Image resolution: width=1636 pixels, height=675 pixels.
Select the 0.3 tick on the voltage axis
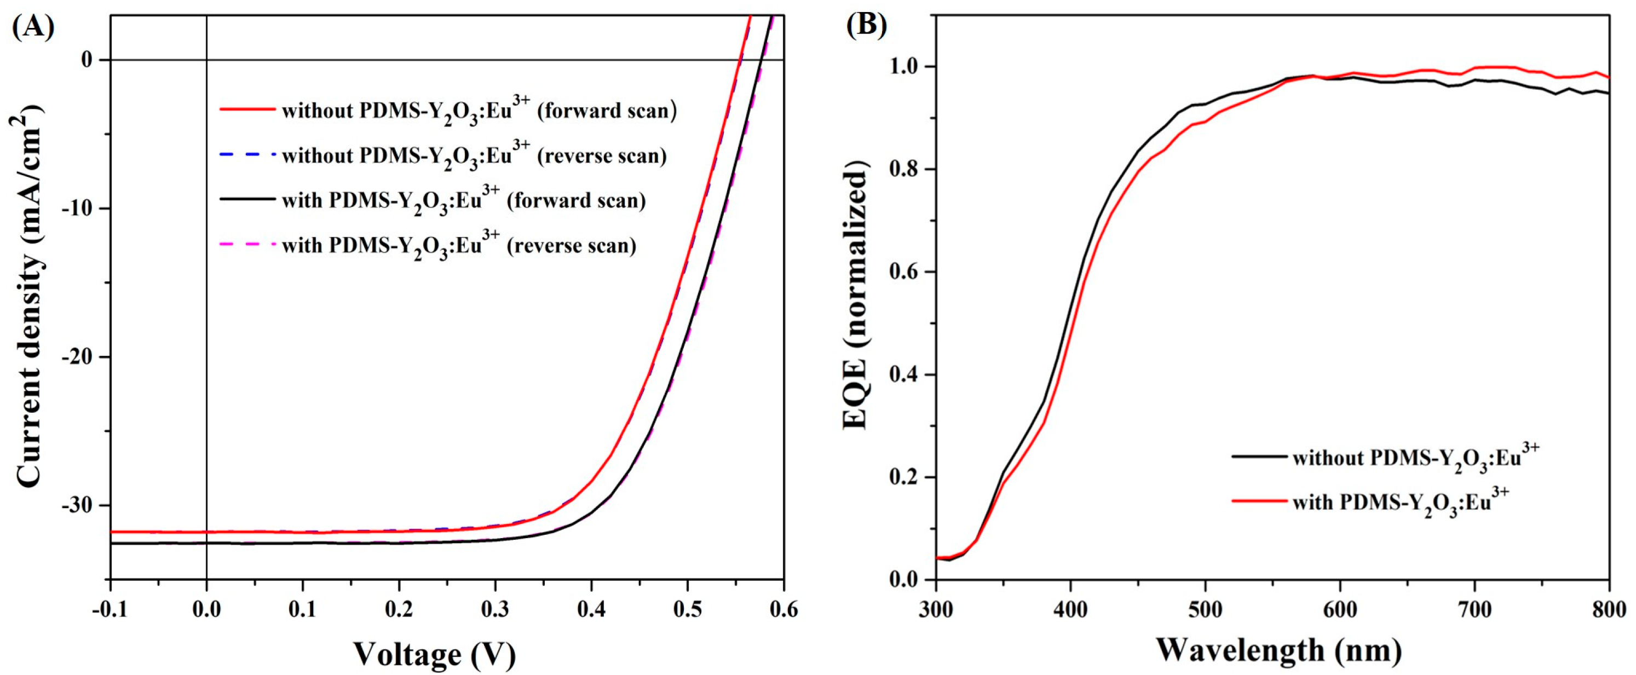(495, 610)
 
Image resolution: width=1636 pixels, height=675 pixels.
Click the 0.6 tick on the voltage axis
(783, 610)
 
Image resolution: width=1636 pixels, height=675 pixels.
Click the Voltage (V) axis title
(434, 654)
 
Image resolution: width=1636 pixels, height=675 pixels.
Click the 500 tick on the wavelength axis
(1205, 610)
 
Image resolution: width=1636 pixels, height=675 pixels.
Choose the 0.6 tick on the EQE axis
(905, 272)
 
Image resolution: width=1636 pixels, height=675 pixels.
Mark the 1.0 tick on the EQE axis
(905, 67)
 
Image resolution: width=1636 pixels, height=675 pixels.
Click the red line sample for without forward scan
(247, 109)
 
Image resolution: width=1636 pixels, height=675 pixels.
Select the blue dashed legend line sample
(247, 154)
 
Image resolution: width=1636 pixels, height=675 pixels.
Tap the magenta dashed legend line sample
(247, 245)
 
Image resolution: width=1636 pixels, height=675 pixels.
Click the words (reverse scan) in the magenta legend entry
(571, 246)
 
